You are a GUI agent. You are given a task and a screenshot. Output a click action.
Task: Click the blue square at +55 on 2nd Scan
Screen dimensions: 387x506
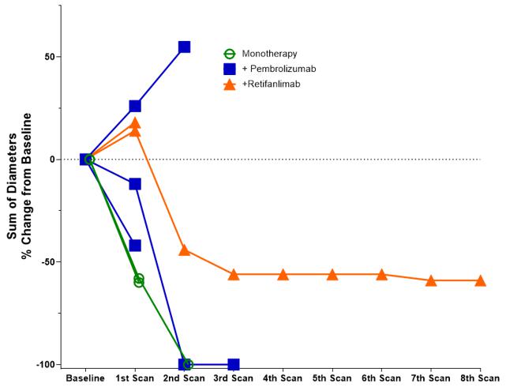[184, 47]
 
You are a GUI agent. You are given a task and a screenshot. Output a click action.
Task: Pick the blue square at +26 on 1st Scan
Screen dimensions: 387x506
[135, 106]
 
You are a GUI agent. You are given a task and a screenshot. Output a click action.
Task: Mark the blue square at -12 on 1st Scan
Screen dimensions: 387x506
[135, 184]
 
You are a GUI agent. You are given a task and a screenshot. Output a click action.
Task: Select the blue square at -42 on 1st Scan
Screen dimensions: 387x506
[135, 246]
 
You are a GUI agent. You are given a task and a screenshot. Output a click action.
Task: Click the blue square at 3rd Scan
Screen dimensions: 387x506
[234, 364]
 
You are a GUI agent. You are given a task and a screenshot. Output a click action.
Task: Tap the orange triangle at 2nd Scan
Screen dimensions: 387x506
[184, 250]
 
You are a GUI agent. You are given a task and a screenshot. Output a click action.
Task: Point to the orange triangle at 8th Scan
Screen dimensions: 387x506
[480, 280]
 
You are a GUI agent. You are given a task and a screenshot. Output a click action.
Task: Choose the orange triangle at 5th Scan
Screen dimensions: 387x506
[332, 274]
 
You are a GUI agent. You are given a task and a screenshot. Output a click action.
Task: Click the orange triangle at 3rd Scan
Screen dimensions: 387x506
[234, 274]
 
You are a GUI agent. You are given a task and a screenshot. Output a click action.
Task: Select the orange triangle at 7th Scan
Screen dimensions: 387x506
[431, 280]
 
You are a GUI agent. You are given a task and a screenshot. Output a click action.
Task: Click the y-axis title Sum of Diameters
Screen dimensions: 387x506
[13, 176]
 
